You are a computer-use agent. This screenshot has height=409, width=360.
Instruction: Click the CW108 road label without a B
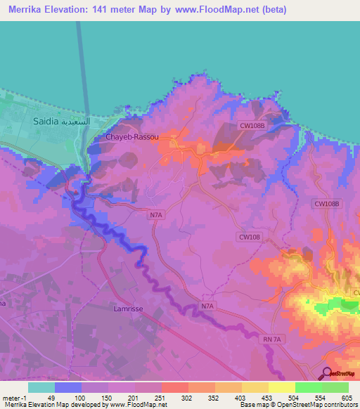250,238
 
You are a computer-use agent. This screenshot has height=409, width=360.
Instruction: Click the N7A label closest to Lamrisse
207,306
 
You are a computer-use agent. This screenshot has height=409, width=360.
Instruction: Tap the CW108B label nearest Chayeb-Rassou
252,126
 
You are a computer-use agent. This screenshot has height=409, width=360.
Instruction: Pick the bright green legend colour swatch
308,387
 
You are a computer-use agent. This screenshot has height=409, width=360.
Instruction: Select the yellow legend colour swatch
281,387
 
